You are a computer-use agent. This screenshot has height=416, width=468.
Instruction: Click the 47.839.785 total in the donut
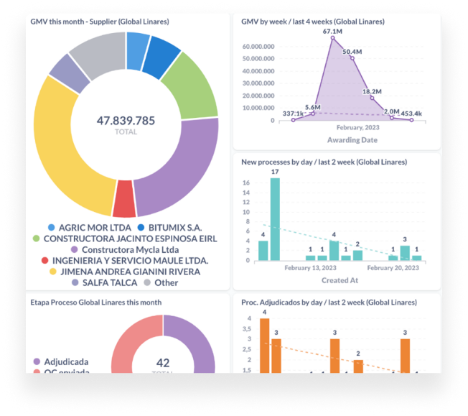tap(126, 121)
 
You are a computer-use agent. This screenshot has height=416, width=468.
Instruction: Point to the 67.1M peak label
tap(332, 32)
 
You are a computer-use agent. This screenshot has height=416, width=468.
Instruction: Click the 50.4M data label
tap(352, 52)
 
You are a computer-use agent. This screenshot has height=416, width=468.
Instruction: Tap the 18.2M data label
tap(371, 91)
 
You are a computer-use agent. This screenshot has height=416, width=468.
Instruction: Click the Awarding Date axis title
tap(352, 140)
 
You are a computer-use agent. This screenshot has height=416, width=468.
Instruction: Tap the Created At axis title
tap(340, 280)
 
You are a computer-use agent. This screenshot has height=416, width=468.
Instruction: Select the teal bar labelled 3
tap(405, 252)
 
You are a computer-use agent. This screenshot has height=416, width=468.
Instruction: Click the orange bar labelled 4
tap(264, 345)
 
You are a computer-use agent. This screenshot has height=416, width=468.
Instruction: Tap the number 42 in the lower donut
tap(162, 363)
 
